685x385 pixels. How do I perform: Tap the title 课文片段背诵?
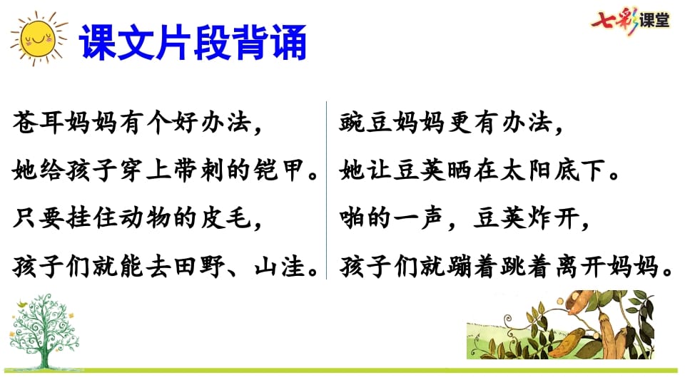[x=193, y=43]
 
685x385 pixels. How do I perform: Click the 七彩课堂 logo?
[x=631, y=20]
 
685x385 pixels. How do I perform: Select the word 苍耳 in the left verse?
[x=35, y=123]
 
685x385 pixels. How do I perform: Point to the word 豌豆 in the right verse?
[x=364, y=123]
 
